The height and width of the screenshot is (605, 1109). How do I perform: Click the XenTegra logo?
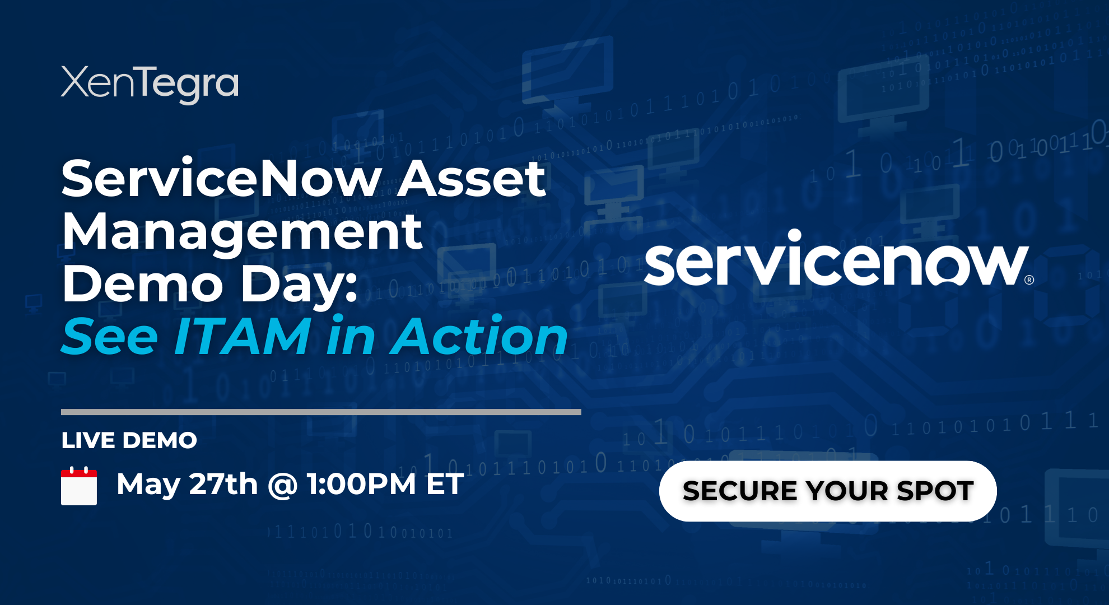[x=150, y=84]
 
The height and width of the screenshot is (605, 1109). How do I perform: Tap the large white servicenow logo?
[x=836, y=262]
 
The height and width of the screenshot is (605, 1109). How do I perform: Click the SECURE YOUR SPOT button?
[x=828, y=491]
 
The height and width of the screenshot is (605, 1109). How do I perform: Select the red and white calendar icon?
[x=79, y=486]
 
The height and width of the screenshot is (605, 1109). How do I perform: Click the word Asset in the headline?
[x=471, y=179]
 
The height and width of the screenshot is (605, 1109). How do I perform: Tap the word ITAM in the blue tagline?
[x=243, y=336]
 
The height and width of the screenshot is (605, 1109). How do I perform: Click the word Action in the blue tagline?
[x=480, y=336]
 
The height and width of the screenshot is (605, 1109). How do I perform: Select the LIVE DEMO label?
[x=129, y=440]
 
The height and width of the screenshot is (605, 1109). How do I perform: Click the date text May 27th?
[x=187, y=484]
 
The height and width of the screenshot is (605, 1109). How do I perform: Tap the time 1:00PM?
[x=362, y=484]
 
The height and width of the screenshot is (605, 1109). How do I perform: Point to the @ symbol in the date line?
[x=282, y=485]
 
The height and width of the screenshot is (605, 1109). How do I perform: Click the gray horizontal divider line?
[x=321, y=412]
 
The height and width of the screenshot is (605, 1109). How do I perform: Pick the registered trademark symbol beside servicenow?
[x=1029, y=280]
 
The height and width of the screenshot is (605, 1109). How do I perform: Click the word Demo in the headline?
[x=143, y=284]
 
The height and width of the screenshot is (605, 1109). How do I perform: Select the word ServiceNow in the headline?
[x=221, y=179]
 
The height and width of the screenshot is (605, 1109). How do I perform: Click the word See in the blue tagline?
[x=110, y=336]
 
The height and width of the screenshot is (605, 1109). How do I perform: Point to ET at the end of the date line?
[x=445, y=484]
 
